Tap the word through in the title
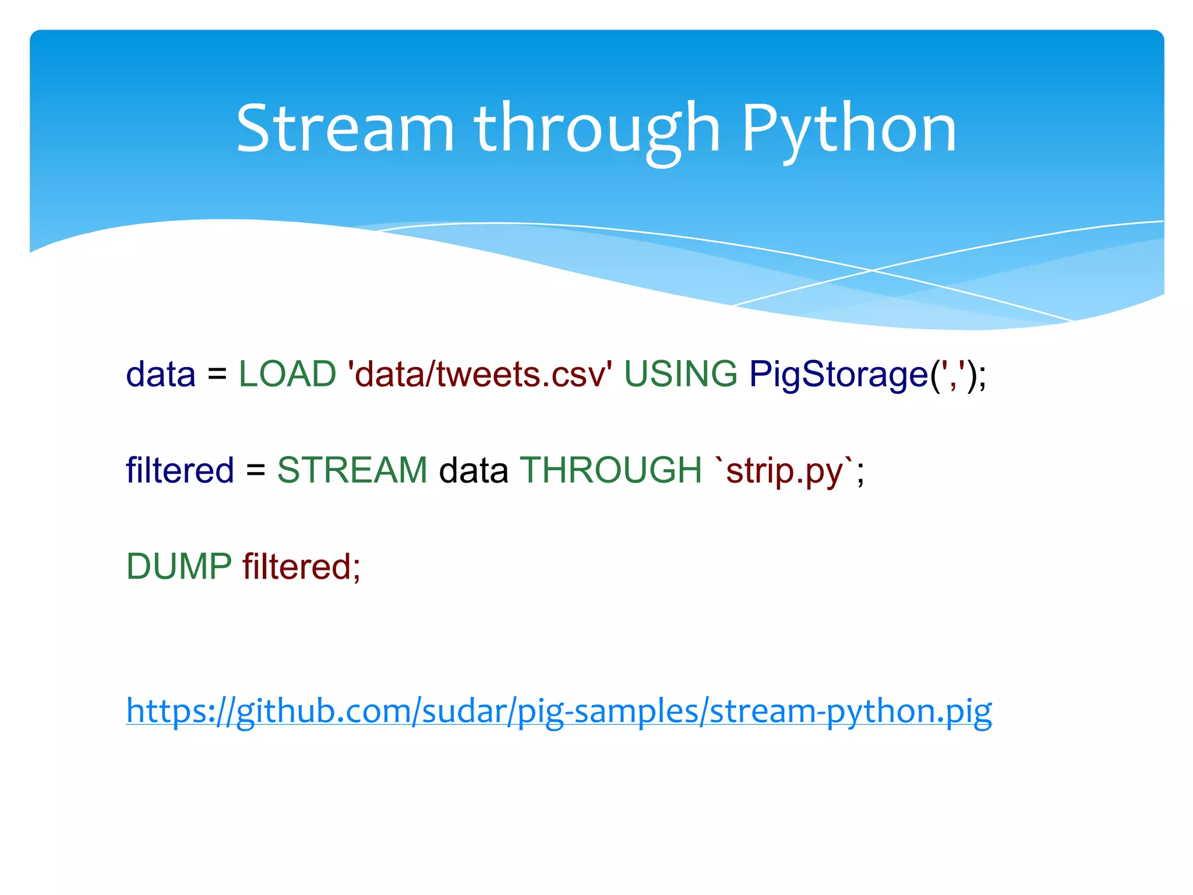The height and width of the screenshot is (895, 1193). pyautogui.click(x=597, y=129)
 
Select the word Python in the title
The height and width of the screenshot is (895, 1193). pyautogui.click(x=849, y=129)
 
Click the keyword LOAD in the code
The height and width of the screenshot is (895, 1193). pyautogui.click(x=287, y=374)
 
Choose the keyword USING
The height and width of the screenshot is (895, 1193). pyautogui.click(x=680, y=374)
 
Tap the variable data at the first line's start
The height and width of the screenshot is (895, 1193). pyautogui.click(x=161, y=374)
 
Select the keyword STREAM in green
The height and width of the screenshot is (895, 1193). pyautogui.click(x=352, y=470)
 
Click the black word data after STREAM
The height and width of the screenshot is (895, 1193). pyautogui.click(x=473, y=470)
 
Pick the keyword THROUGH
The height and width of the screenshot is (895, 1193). pyautogui.click(x=610, y=470)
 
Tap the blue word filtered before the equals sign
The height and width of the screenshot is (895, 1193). pyautogui.click(x=179, y=470)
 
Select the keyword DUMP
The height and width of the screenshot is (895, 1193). pyautogui.click(x=179, y=566)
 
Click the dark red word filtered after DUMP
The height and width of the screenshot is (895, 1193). pyautogui.click(x=296, y=566)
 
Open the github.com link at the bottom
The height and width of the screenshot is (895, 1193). pyautogui.click(x=559, y=711)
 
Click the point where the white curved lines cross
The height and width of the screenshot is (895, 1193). pyautogui.click(x=872, y=270)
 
